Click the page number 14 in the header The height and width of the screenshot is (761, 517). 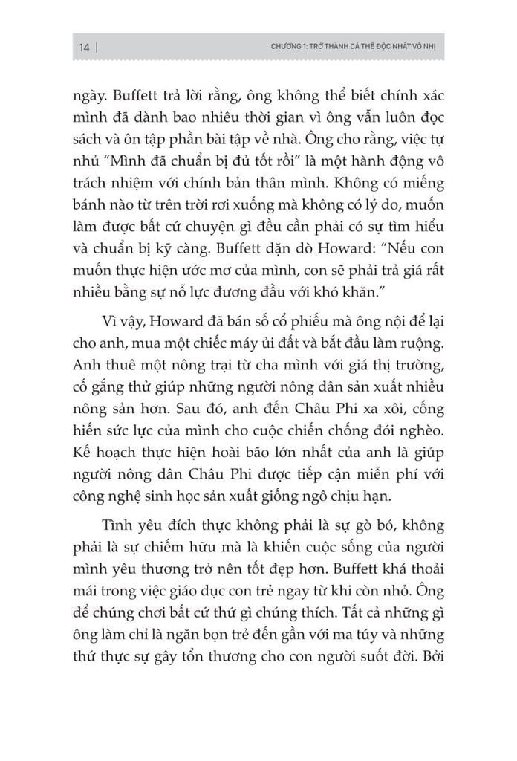pos(83,48)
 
